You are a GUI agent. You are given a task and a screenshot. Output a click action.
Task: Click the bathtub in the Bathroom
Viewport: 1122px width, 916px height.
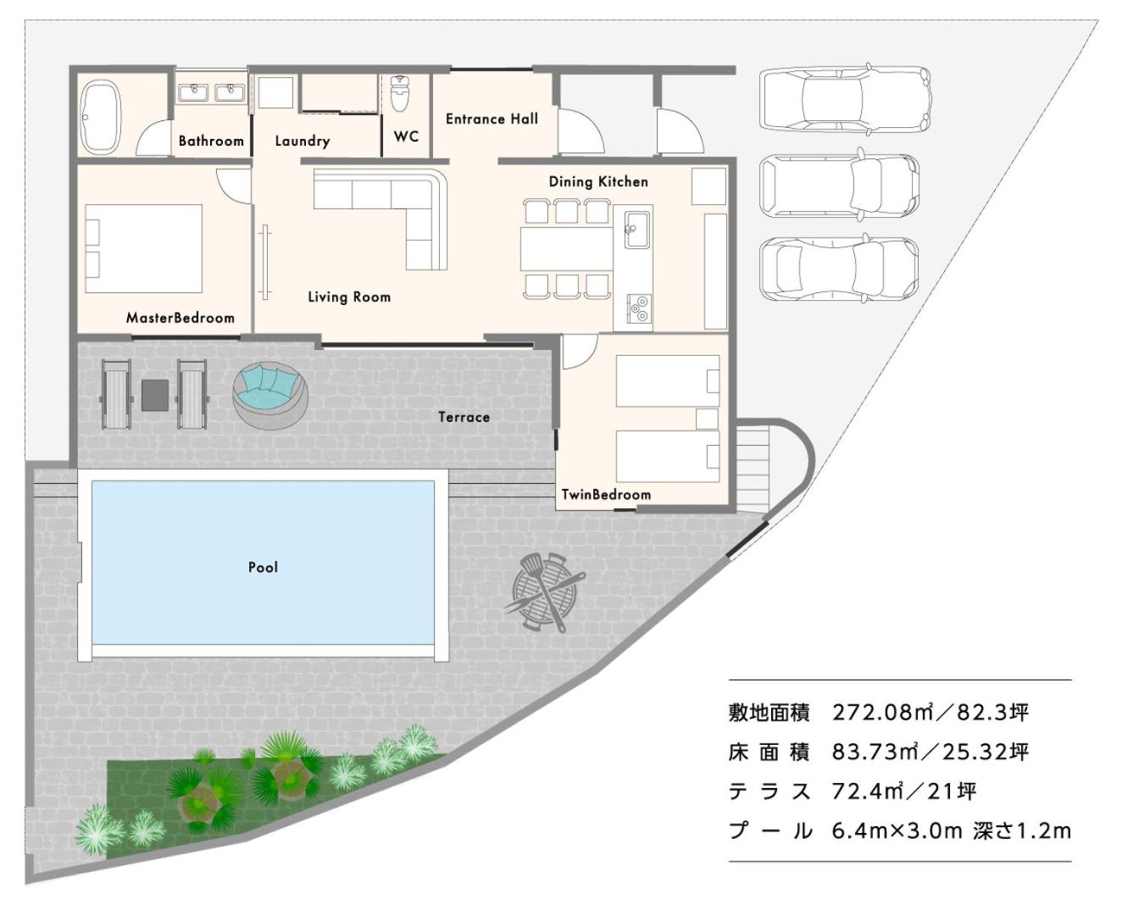coord(101,115)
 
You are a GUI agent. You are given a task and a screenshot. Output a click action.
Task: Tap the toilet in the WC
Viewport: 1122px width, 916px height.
coord(399,93)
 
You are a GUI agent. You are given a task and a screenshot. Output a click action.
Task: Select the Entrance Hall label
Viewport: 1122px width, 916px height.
coord(492,119)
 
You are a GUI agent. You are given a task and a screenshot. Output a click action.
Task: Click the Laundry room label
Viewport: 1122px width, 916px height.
coord(303,141)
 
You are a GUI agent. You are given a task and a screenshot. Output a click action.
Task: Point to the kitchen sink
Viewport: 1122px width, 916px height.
coord(636,230)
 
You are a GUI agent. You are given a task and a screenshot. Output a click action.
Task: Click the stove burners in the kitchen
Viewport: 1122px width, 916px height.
coord(638,308)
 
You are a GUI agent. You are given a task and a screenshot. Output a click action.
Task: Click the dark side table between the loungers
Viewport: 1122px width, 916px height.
coord(155,395)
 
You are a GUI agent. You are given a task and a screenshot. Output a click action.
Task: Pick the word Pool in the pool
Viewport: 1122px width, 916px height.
coord(263,567)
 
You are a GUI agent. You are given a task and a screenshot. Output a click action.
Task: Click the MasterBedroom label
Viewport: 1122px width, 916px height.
coord(180,318)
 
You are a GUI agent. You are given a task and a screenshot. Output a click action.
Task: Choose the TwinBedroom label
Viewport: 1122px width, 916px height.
coord(606,494)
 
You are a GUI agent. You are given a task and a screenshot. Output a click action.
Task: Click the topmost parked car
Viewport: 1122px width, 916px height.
coord(845,99)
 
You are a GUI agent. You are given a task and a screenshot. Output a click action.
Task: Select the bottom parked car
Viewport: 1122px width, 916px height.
coord(839,269)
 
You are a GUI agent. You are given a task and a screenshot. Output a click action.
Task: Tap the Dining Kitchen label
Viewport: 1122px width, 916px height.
coord(598,181)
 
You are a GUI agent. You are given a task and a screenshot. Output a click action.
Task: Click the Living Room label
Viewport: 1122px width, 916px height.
coord(349,297)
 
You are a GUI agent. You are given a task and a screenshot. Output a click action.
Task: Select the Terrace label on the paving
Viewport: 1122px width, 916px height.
coord(464,417)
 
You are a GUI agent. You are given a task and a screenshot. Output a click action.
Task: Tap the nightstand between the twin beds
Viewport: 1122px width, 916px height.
coord(707,419)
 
